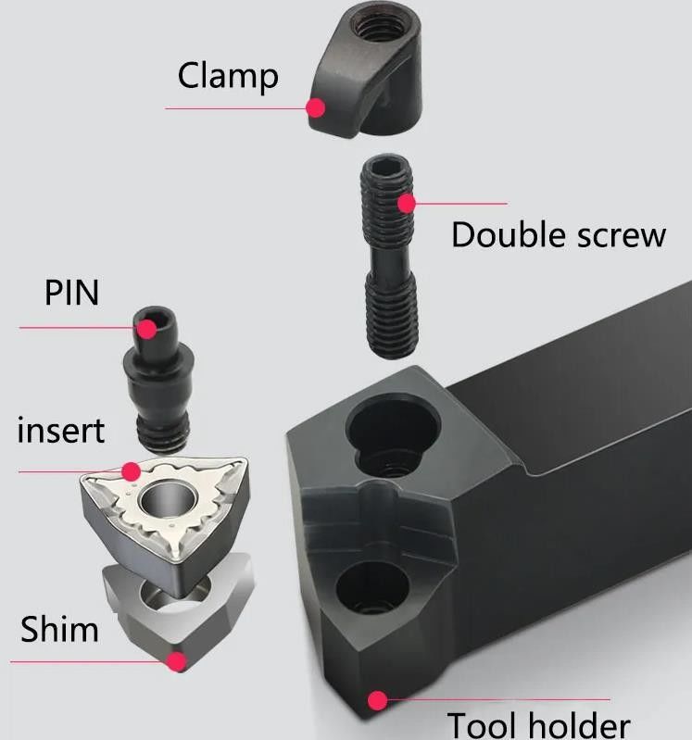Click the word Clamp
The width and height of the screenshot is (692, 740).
tap(228, 76)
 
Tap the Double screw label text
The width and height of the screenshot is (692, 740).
tap(558, 235)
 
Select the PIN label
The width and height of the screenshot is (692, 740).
tap(71, 294)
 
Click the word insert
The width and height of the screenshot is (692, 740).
tap(61, 430)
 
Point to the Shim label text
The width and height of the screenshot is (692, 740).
tap(59, 630)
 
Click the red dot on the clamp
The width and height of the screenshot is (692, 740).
tap(315, 108)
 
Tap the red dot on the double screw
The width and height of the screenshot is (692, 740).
tap(406, 203)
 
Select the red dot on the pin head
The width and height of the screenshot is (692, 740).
tap(145, 327)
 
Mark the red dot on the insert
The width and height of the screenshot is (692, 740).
tap(131, 470)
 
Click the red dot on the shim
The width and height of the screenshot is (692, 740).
tap(176, 661)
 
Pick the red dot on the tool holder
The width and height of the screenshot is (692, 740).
tap(376, 700)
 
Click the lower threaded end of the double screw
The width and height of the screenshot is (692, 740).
tap(393, 329)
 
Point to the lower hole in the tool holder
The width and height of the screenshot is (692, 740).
tap(372, 588)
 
